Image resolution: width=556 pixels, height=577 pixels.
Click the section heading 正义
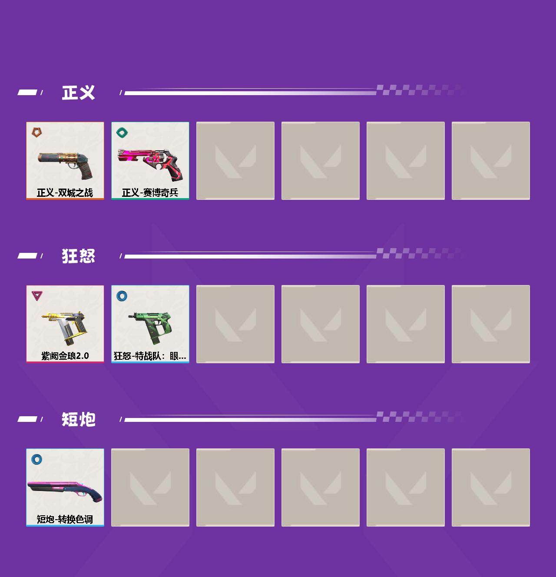[78, 93]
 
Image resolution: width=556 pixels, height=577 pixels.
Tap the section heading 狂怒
[78, 256]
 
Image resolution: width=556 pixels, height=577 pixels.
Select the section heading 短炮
[78, 419]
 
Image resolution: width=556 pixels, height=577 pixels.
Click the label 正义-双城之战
[65, 193]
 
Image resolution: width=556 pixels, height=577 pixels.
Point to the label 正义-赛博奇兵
[150, 193]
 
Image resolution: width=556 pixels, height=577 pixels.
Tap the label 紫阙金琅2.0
[65, 356]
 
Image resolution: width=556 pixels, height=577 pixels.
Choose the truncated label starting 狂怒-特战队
[150, 356]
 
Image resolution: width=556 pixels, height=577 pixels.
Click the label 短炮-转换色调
[65, 519]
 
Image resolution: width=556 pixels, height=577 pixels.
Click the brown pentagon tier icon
[37, 132]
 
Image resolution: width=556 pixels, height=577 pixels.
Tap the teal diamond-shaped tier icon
[122, 132]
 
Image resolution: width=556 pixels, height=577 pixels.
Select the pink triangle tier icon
[37, 295]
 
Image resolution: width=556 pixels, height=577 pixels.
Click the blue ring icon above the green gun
[122, 295]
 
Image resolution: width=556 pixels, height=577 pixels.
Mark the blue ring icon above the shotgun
[37, 459]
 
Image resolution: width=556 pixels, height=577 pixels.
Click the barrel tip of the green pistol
[129, 316]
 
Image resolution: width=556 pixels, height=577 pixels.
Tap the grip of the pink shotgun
[95, 497]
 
